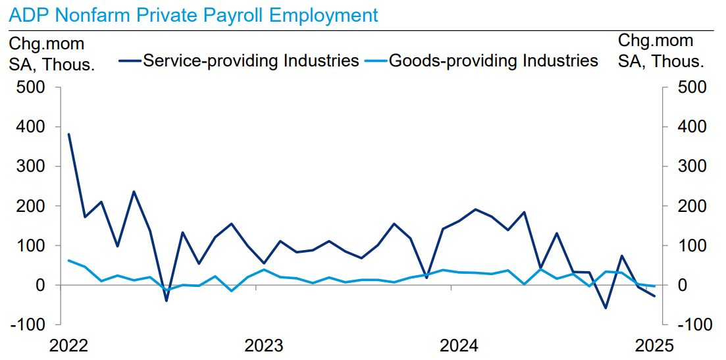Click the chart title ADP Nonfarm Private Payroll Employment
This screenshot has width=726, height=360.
[x=194, y=14]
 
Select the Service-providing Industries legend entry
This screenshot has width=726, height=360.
[x=251, y=61]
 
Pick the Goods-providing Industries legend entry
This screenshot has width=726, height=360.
[x=493, y=61]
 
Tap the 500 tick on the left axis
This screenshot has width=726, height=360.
[x=30, y=87]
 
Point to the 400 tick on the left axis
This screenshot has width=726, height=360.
[x=30, y=126]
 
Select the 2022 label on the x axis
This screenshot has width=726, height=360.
[x=68, y=346]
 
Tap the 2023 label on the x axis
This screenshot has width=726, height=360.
[x=263, y=346]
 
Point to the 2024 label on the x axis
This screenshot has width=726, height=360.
[x=459, y=346]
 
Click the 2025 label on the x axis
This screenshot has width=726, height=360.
[x=654, y=346]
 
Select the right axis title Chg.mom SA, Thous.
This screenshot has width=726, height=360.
[x=661, y=51]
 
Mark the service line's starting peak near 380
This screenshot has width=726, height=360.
[x=68, y=134]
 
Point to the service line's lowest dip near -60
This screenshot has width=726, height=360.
[x=606, y=308]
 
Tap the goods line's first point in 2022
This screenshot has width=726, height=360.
[x=68, y=261]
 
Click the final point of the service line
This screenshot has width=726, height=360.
[x=654, y=296]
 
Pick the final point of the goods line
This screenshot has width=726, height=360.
[x=654, y=286]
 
